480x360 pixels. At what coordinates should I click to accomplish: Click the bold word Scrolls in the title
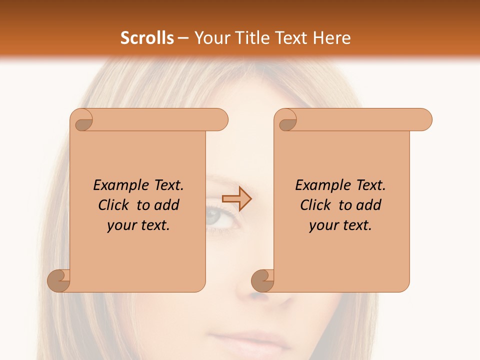click(x=147, y=38)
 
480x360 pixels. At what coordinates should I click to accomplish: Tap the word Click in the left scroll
click(x=114, y=205)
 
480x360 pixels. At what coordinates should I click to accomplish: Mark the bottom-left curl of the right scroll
click(x=263, y=280)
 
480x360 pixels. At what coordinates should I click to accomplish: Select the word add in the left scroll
click(x=167, y=205)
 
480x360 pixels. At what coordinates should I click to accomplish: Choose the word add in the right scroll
click(x=369, y=205)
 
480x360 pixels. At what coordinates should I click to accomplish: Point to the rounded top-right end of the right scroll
click(x=423, y=119)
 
